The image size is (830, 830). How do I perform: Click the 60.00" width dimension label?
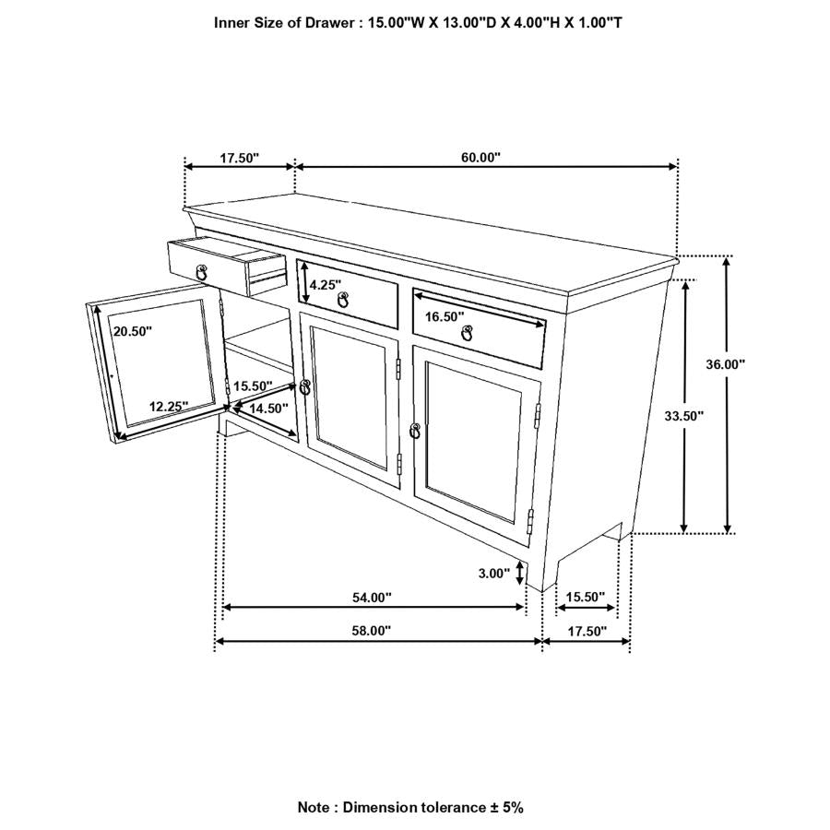[480, 158]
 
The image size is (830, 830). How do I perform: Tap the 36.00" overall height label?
[726, 364]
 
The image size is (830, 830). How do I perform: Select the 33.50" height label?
[683, 416]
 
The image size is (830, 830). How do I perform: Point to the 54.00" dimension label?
[373, 598]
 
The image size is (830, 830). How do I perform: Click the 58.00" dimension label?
[372, 631]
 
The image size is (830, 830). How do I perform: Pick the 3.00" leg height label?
[493, 574]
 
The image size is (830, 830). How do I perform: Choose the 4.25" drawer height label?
[326, 285]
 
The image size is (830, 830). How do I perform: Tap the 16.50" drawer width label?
[445, 315]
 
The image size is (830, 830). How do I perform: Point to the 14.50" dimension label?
[267, 408]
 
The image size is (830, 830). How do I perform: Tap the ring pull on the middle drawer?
[343, 300]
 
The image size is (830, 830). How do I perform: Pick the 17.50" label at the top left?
[239, 158]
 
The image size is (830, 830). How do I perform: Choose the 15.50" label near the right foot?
[585, 598]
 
